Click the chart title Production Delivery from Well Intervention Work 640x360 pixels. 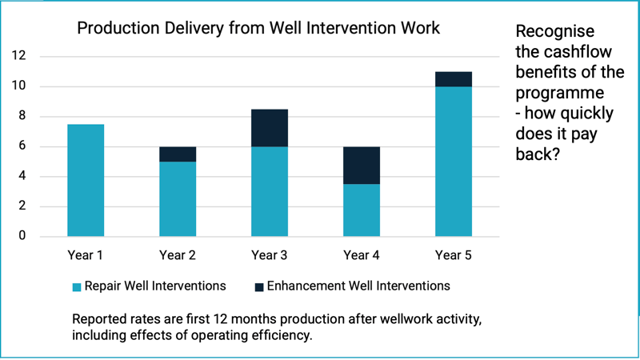point(258,30)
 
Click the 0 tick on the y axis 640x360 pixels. point(22,236)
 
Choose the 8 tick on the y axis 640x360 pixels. point(22,116)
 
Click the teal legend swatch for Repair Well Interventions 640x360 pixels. point(77,286)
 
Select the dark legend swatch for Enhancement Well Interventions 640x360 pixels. point(259,286)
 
